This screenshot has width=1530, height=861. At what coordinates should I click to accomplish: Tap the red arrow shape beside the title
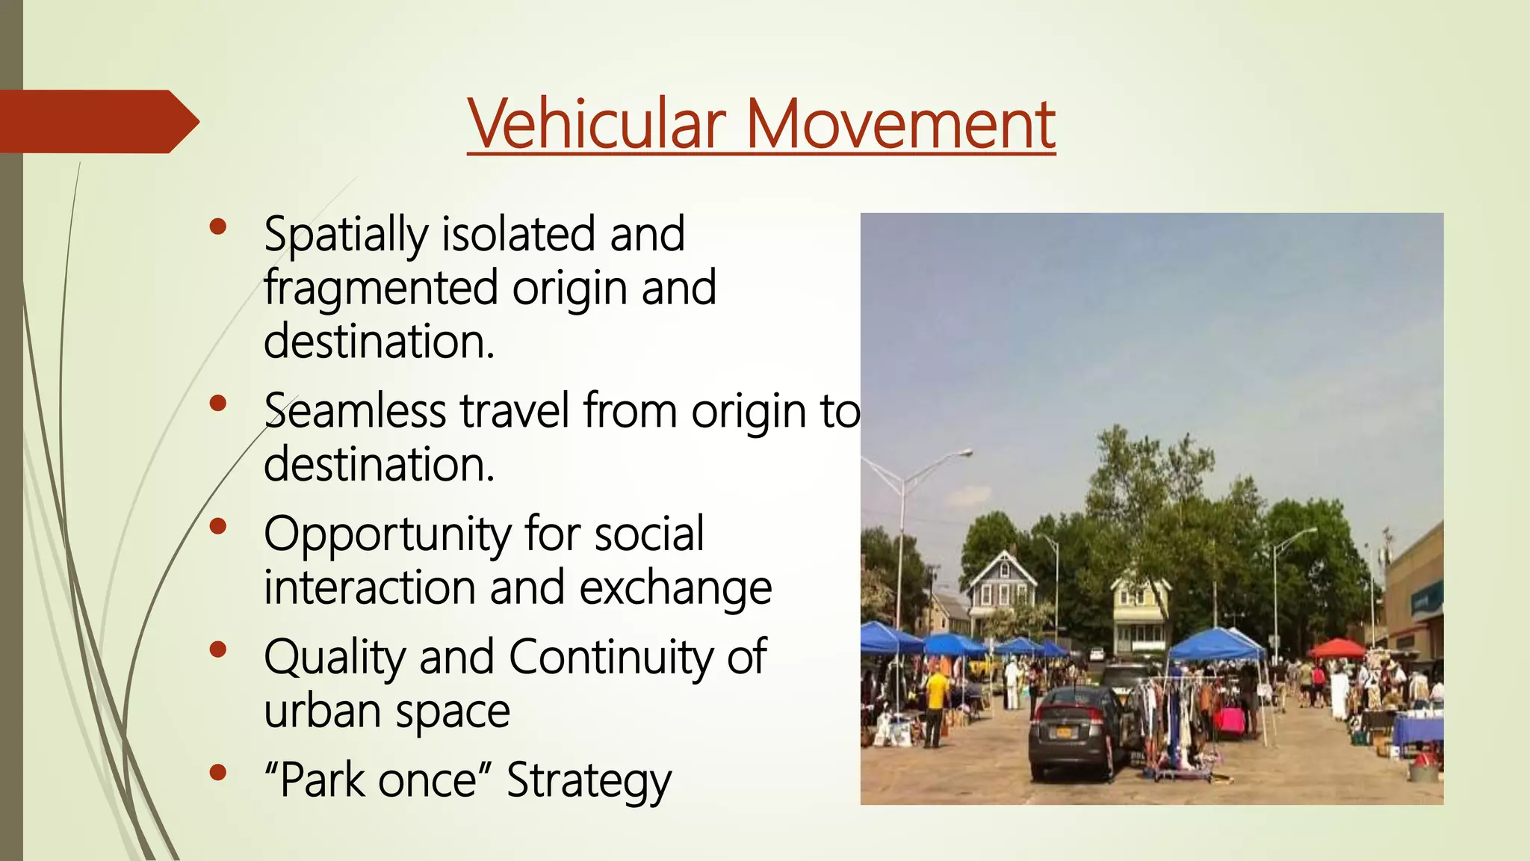(97, 121)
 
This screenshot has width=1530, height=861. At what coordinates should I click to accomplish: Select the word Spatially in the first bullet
(345, 235)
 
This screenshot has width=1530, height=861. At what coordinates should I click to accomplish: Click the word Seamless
(355, 411)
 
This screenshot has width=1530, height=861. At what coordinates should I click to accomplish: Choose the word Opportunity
(387, 535)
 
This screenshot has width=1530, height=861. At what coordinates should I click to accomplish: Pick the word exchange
(675, 588)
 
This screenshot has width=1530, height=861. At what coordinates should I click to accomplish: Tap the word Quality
(334, 658)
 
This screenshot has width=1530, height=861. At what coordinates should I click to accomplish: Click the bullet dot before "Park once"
(218, 772)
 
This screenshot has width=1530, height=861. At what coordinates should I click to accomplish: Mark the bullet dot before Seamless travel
(218, 404)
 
